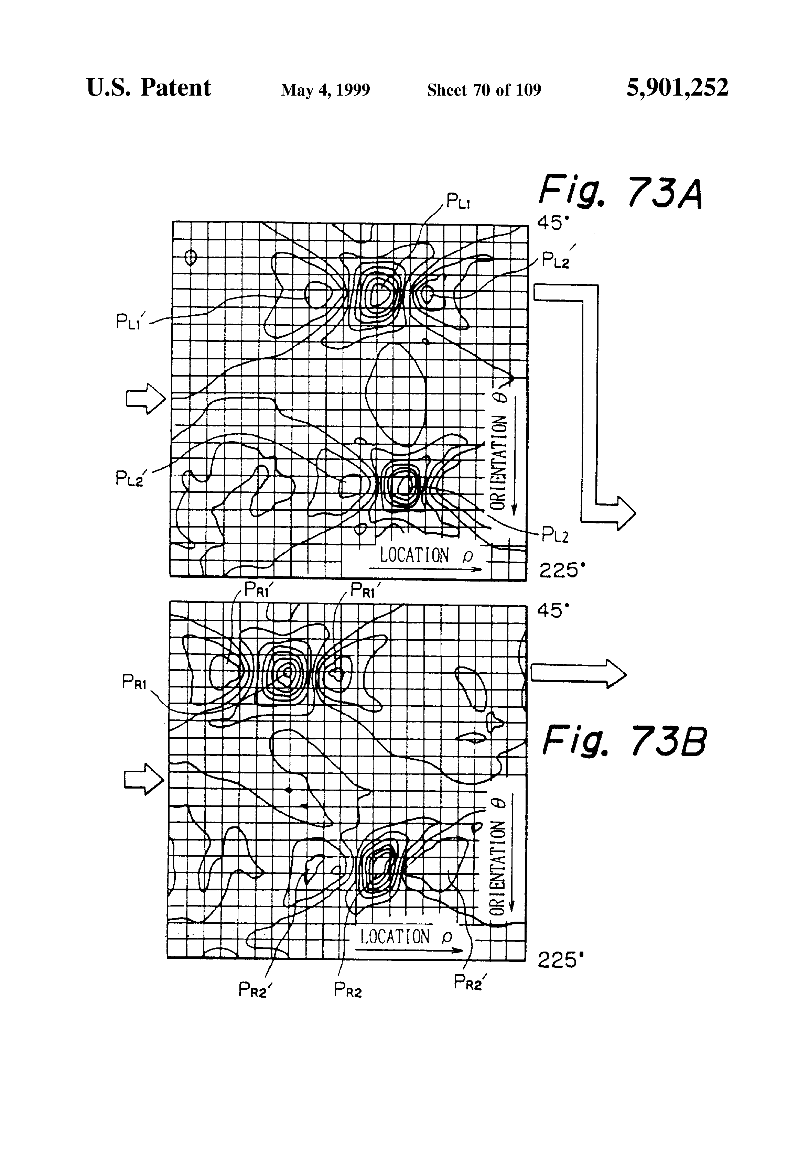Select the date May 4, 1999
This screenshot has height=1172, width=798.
tap(325, 90)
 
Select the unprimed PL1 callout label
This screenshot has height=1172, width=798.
tap(458, 202)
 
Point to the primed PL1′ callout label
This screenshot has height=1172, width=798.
tap(130, 321)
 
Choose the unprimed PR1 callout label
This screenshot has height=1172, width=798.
tap(134, 683)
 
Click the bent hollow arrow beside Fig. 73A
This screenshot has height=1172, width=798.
tap(590, 403)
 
